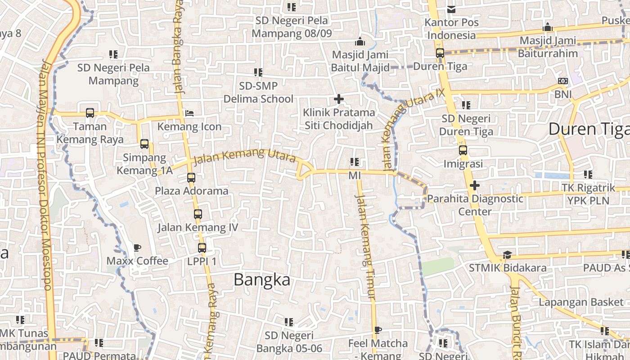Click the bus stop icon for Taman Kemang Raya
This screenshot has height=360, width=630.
90,112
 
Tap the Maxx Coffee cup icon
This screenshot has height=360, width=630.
137,247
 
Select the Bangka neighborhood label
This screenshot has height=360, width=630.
262,280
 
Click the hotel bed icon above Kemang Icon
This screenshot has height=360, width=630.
190,112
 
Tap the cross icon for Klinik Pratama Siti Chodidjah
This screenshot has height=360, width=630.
339,99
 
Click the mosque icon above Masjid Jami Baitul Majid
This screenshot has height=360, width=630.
360,42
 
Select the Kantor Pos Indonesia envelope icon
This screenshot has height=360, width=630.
451,9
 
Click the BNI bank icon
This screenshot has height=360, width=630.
562,81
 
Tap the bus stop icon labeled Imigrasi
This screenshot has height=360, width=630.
463,150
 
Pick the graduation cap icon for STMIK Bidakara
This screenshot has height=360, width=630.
507,255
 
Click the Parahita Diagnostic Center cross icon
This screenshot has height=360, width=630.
475,185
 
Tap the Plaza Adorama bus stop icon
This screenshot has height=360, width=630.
191,177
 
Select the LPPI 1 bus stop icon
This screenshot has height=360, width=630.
202,247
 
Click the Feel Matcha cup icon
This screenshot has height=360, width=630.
378,330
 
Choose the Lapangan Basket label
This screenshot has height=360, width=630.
581,302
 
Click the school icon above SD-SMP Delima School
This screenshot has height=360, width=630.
258,72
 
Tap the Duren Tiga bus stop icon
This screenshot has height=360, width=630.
440,53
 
